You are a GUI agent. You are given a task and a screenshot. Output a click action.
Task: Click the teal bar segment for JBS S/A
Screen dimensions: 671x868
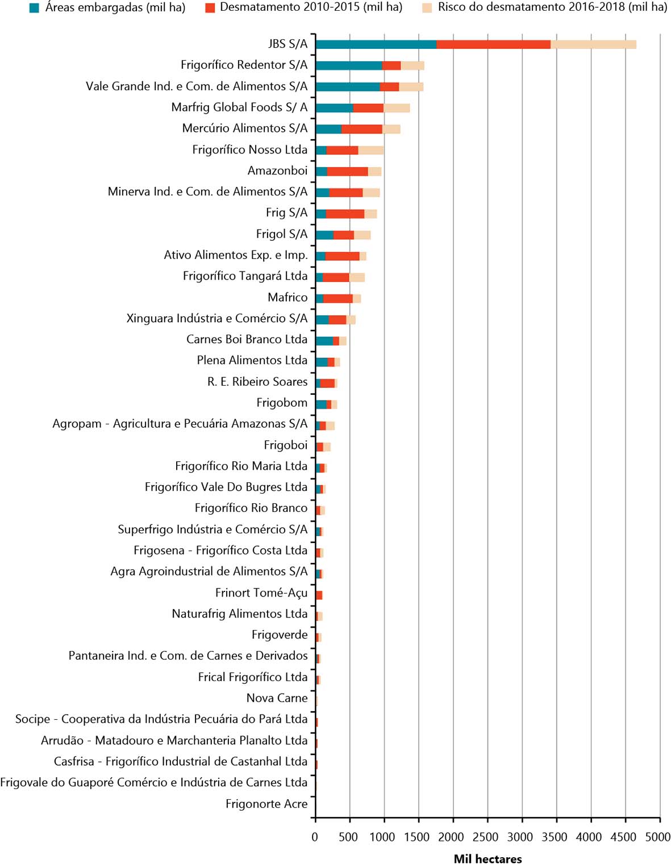376,44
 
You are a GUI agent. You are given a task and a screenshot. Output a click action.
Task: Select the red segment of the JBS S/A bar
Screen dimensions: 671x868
493,44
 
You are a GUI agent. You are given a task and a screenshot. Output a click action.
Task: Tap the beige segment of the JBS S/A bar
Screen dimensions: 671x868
594,44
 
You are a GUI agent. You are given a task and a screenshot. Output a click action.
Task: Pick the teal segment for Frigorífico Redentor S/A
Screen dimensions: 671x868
349,65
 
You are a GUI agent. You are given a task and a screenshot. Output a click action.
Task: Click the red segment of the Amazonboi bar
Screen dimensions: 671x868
348,172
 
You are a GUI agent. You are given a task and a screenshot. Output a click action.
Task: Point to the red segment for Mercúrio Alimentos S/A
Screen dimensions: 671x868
362,129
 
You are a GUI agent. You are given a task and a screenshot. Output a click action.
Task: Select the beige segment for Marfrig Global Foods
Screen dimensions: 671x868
397,108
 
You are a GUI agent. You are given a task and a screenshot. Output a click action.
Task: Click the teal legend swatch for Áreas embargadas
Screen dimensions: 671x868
34,8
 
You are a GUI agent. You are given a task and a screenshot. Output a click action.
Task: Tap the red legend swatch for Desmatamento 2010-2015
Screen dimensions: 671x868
210,8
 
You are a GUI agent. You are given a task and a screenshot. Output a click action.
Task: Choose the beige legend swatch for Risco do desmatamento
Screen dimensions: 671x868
427,8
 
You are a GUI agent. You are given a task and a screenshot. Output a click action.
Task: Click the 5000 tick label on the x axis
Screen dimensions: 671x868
657,836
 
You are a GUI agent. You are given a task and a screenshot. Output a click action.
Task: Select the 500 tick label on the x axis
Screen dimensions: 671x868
348,836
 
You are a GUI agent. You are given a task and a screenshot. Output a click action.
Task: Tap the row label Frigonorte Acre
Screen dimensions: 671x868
266,803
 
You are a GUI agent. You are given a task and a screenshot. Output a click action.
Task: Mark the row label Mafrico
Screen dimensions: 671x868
287,297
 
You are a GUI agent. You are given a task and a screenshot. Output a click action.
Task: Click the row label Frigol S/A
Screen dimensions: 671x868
282,234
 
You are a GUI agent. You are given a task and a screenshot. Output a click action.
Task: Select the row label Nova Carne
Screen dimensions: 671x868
277,698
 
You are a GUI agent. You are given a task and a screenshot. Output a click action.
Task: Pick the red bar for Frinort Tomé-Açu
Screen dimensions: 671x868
319,595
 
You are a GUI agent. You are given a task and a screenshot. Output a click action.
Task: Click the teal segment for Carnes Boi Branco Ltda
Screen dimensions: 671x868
324,341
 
